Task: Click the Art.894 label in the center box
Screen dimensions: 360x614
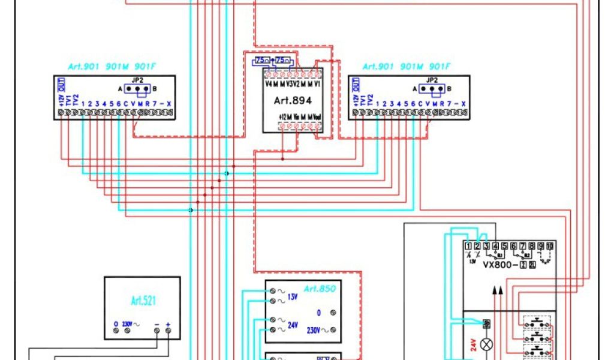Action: (293, 101)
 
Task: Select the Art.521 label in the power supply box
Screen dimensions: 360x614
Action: (142, 301)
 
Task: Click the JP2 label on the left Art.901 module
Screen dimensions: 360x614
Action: (138, 80)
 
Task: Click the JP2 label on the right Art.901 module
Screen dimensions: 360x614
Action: (432, 80)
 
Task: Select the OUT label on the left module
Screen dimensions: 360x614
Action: (61, 84)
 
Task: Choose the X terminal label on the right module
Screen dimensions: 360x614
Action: (463, 104)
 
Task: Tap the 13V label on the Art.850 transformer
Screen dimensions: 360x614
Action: (292, 296)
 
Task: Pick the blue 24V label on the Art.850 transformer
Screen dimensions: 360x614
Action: (293, 325)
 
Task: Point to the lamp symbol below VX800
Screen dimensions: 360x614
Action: (487, 344)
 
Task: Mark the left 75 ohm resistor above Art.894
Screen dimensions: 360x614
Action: (262, 61)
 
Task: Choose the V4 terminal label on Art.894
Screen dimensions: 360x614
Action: (269, 84)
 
